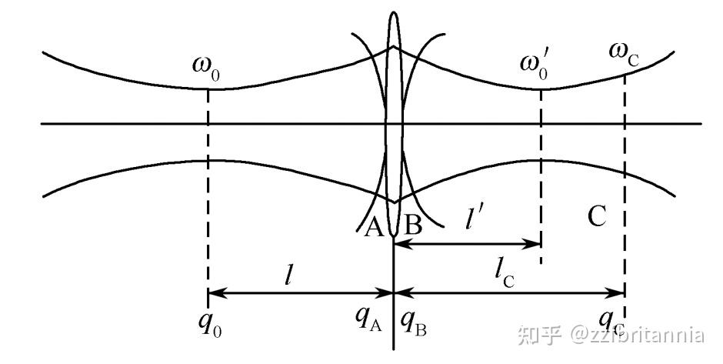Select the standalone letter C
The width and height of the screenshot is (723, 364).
(x=598, y=218)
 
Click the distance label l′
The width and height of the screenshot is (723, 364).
(x=470, y=219)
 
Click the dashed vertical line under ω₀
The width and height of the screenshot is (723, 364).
(x=208, y=192)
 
